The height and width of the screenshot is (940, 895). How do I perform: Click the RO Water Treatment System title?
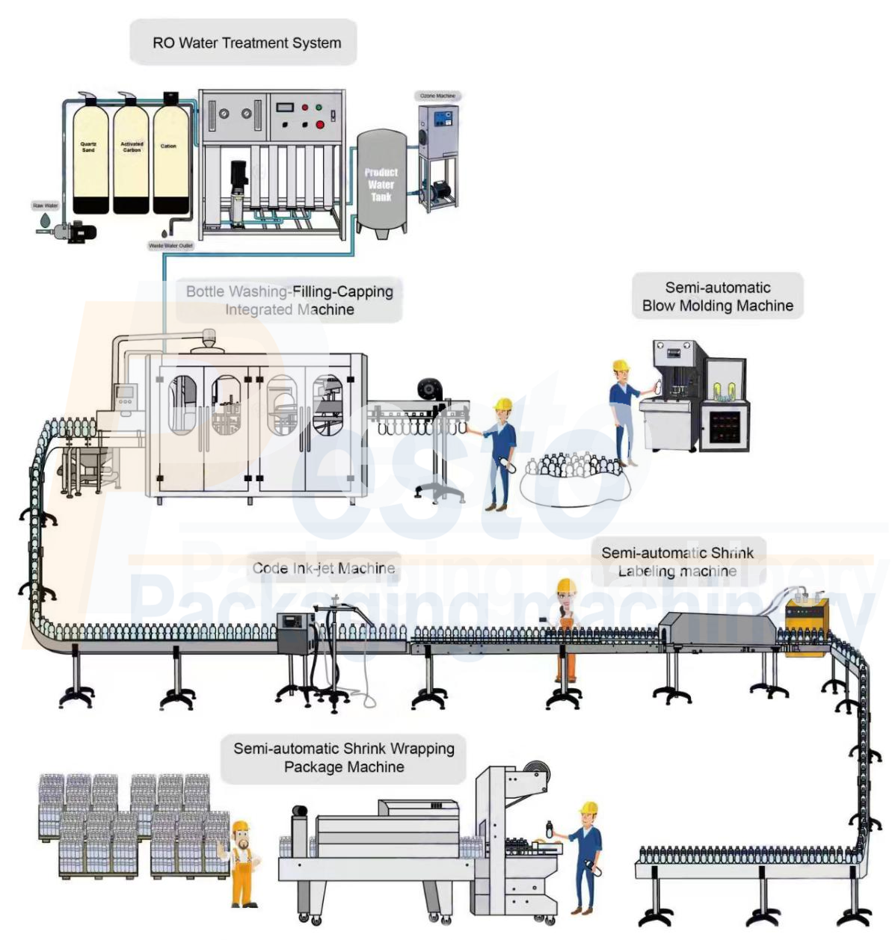(247, 43)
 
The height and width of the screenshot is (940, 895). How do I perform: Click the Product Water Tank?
(381, 183)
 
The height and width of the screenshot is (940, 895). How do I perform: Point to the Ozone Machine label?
(437, 96)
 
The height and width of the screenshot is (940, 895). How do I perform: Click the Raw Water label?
(45, 205)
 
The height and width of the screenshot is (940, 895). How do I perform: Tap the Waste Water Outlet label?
(170, 245)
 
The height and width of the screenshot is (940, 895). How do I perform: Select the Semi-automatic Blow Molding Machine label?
(718, 297)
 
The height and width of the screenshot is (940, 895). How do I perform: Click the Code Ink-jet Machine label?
(324, 568)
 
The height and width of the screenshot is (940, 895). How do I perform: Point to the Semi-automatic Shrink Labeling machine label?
(677, 562)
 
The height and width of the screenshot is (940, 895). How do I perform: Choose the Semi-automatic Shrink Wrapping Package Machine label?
(344, 758)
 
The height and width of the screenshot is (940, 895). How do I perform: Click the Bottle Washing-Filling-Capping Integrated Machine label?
(290, 300)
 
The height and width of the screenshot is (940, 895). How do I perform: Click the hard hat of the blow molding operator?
(621, 365)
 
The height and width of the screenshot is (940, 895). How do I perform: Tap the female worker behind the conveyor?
(567, 620)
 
